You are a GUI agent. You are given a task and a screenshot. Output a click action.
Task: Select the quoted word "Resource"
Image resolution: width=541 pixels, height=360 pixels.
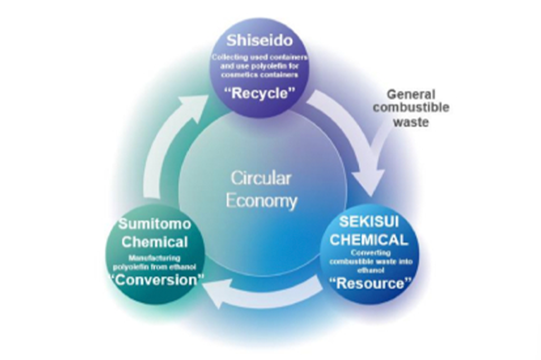[x=369, y=283]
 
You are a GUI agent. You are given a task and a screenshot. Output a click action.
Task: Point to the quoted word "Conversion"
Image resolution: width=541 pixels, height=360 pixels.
[x=156, y=279]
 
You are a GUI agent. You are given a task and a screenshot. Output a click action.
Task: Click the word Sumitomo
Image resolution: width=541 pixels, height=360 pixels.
[x=154, y=224]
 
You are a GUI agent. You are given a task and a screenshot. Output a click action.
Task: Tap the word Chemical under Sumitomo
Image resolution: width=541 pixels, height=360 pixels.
[x=154, y=242]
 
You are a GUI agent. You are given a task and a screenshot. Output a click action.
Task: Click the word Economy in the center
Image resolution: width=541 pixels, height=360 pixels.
[x=261, y=201]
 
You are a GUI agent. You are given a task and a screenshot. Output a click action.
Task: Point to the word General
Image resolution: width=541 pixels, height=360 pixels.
[x=411, y=95]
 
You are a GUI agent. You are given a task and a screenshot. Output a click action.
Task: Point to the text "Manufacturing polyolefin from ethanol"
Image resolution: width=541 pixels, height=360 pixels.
[x=154, y=262]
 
